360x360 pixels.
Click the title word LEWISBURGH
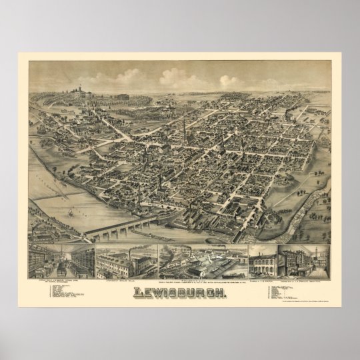tap(179, 281)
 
